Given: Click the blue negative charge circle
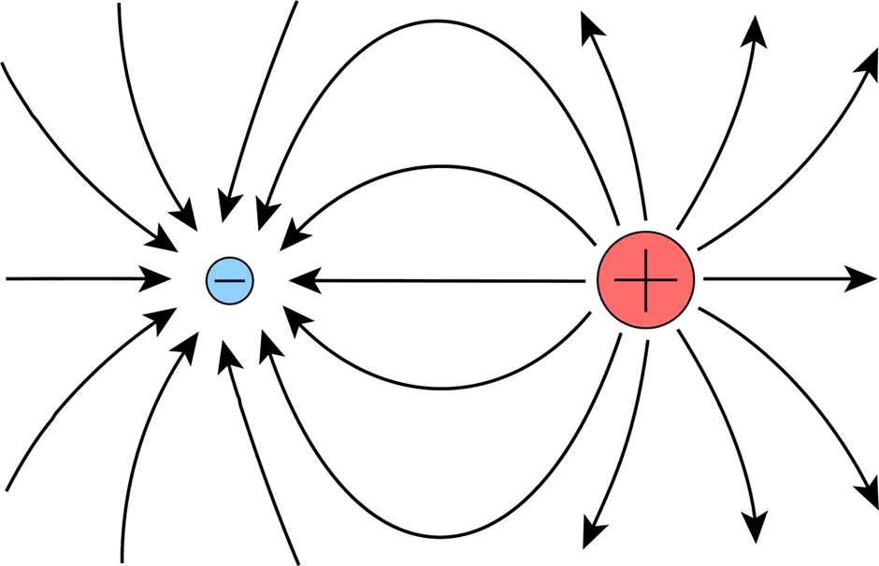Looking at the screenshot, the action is [229, 278].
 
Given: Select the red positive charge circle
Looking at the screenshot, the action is [645, 279].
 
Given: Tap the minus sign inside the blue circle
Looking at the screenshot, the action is [229, 278].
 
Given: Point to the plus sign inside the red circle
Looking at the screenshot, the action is [645, 279].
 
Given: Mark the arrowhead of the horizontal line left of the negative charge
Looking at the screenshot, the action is [157, 278].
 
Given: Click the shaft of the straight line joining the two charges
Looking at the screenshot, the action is [449, 279].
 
